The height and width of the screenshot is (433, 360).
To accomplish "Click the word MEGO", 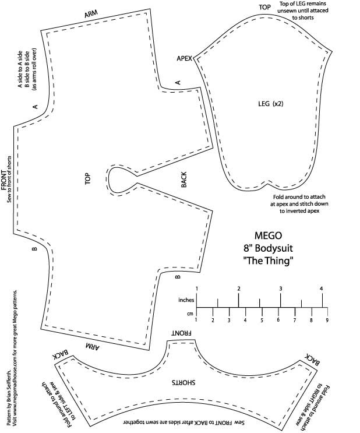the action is [269, 237].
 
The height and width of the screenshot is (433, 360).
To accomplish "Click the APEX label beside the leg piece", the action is [184, 59].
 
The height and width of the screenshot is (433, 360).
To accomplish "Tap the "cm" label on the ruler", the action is [190, 314].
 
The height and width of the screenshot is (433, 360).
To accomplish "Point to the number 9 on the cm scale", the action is [327, 320].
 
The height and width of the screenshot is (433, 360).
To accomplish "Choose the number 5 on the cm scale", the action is [262, 320].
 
